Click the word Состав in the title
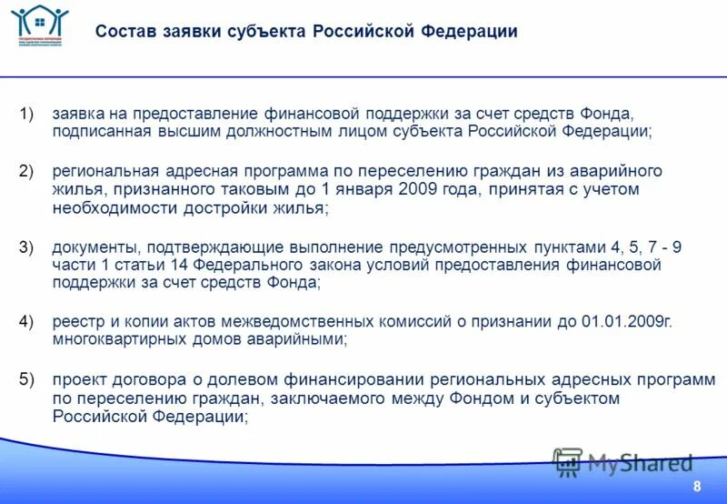click(x=124, y=33)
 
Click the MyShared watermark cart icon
click(x=568, y=462)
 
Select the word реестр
click(x=75, y=322)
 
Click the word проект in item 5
click(x=77, y=379)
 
